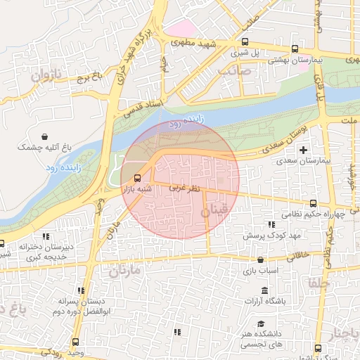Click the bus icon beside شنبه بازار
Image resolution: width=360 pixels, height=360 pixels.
[x=136, y=177]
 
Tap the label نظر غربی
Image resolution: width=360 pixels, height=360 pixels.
[x=186, y=188]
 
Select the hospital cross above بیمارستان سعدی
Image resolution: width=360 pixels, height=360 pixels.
[x=303, y=150]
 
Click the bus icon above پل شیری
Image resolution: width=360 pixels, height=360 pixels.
[x=245, y=41]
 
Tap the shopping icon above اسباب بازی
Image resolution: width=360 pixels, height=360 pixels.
[x=261, y=259]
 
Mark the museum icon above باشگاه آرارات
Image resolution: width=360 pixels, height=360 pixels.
[x=264, y=290]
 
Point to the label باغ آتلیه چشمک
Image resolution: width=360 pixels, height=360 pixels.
[x=46, y=147]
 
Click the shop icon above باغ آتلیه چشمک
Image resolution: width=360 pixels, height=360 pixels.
[x=46, y=136]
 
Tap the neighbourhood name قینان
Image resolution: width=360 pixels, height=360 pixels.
[x=215, y=210]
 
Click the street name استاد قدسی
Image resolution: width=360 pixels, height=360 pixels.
[x=143, y=107]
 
